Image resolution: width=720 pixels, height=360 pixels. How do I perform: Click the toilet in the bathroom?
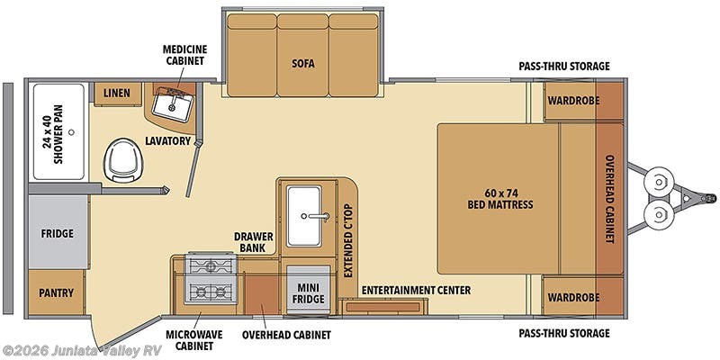pyautogui.click(x=120, y=161)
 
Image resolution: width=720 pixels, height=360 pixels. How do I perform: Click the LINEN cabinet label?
pyautogui.click(x=117, y=93)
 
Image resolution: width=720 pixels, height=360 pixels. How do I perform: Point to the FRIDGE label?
pyautogui.click(x=57, y=233)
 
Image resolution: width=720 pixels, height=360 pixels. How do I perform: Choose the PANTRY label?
pyautogui.click(x=57, y=292)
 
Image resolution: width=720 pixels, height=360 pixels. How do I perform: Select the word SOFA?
pyautogui.click(x=302, y=64)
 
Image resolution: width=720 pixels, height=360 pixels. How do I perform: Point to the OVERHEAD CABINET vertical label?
pyautogui.click(x=609, y=199)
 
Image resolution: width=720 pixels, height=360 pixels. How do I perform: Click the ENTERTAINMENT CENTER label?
pyautogui.click(x=416, y=290)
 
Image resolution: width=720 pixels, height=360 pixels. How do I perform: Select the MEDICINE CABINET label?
pyautogui.click(x=184, y=54)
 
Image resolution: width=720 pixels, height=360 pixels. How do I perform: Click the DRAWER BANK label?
pyautogui.click(x=254, y=241)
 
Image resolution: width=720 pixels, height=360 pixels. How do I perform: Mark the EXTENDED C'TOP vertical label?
pyautogui.click(x=347, y=241)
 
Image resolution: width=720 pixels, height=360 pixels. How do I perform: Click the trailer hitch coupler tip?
pyautogui.click(x=712, y=197)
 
